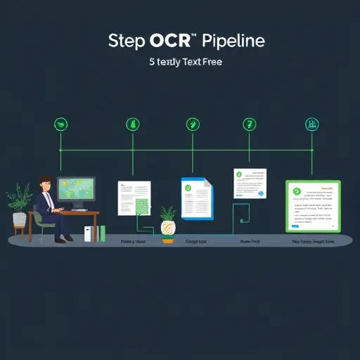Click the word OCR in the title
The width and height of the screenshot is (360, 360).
169,40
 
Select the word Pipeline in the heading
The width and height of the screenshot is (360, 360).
231,41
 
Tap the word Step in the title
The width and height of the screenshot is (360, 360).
126,41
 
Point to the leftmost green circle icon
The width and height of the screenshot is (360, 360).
61,124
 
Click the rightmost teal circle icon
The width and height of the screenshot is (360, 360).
310,124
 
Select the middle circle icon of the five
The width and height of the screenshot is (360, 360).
191,124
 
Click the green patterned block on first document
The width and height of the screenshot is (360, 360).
141,206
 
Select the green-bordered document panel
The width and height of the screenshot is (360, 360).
313,206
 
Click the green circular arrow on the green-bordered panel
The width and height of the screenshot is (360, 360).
296,191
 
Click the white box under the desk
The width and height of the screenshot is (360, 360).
89,234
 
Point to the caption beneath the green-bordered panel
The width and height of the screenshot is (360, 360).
312,241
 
